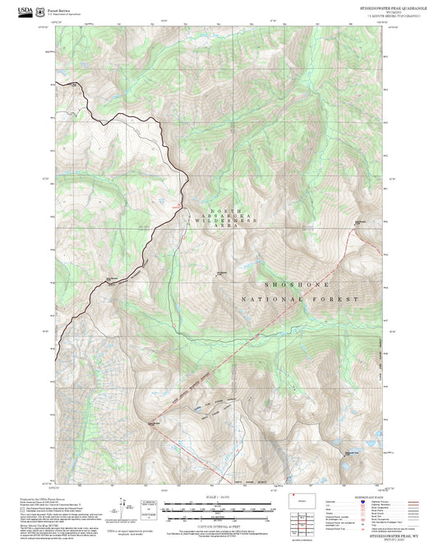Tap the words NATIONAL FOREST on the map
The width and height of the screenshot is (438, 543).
coord(301,299)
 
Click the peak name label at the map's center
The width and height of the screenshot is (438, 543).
coord(221,272)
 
